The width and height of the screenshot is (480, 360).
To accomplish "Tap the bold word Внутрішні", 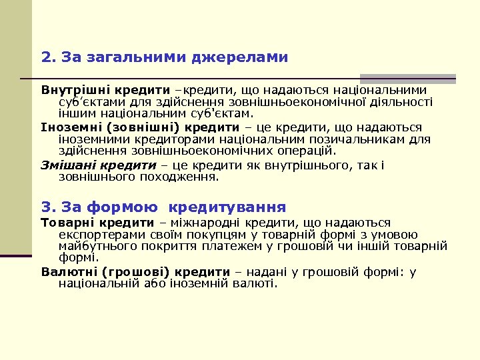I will click(73, 90).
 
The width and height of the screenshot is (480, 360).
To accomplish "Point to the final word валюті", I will click(256, 283).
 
